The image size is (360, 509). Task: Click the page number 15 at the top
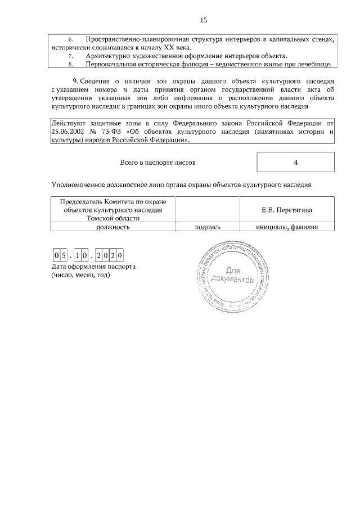tap(204, 20)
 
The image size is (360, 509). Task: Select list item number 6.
tap(71, 39)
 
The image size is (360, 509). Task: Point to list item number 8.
tap(71, 65)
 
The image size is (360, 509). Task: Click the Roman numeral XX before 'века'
tap(163, 47)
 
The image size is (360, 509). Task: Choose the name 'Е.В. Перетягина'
tap(287, 210)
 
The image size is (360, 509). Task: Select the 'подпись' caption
tap(207, 227)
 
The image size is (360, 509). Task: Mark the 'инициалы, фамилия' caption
tap(287, 227)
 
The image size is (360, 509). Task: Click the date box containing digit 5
tap(64, 255)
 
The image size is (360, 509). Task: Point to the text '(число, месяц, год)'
tap(80, 276)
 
